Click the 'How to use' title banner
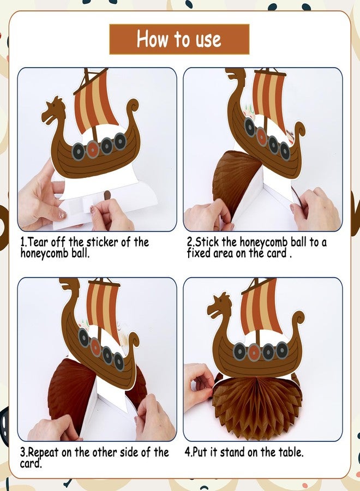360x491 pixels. point(179,39)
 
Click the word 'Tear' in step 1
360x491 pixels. point(38,242)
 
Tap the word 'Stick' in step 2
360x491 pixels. point(207,242)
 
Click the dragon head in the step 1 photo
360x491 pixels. point(54,111)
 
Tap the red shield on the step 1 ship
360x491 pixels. point(93,149)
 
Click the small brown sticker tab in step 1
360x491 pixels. point(107,195)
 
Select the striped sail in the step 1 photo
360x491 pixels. point(94,101)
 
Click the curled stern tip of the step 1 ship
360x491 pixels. point(135,105)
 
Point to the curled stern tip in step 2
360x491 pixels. point(300,129)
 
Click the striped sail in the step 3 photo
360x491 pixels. point(103,310)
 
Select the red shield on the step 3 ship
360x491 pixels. point(95,346)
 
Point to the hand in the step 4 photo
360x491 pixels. point(199,386)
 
